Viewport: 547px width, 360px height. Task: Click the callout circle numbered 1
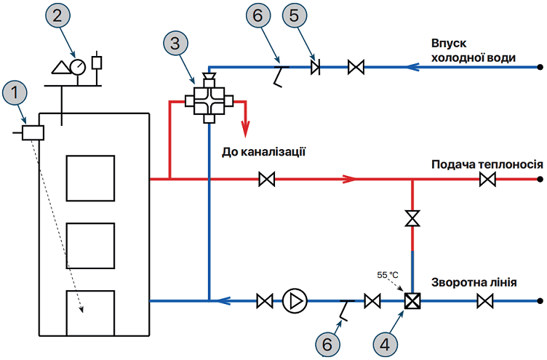point(15,93)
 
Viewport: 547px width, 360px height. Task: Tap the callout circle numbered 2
point(57,16)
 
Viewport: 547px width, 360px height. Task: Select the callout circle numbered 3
point(175,43)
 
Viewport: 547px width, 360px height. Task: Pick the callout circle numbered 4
point(385,345)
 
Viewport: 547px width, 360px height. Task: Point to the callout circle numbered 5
point(295,15)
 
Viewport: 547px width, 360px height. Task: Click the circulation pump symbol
point(295,300)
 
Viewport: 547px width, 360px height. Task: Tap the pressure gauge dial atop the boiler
point(77,66)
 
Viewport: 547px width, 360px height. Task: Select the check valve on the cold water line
point(316,67)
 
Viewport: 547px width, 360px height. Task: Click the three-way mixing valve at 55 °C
point(412,300)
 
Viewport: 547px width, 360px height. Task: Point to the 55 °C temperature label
point(387,275)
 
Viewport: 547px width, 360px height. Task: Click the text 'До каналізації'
point(264,152)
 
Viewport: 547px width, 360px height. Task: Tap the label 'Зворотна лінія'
point(474,282)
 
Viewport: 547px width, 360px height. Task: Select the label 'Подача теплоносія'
point(487,164)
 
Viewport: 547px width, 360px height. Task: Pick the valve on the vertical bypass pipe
point(412,218)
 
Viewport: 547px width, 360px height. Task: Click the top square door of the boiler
point(90,178)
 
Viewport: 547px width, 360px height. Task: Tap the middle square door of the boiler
point(90,246)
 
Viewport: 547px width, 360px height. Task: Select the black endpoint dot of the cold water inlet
point(540,67)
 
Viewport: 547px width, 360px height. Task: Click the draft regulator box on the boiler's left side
point(33,133)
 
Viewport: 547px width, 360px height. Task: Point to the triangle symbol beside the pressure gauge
point(61,68)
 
